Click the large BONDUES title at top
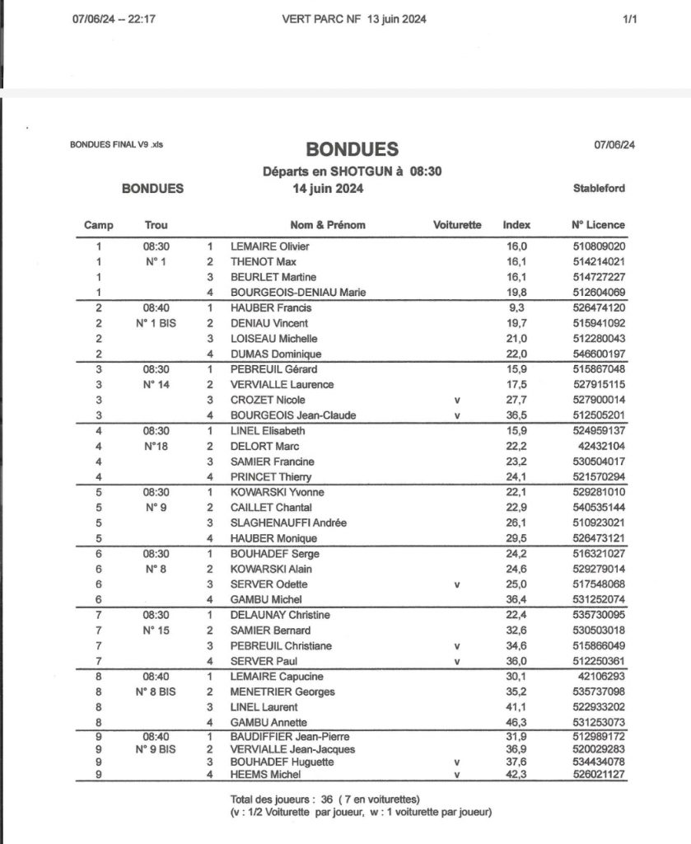pos(353,149)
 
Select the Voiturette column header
pos(457,224)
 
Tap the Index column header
pos(517,224)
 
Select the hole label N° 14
pos(156,384)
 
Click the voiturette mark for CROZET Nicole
pos(457,400)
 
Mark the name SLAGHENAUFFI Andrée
pos(276,523)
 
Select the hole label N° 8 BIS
pos(156,692)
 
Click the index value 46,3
pos(517,723)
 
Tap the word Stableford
pos(599,188)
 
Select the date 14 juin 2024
pos(329,188)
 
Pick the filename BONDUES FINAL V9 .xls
pos(122,146)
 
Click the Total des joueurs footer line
pos(325,799)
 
